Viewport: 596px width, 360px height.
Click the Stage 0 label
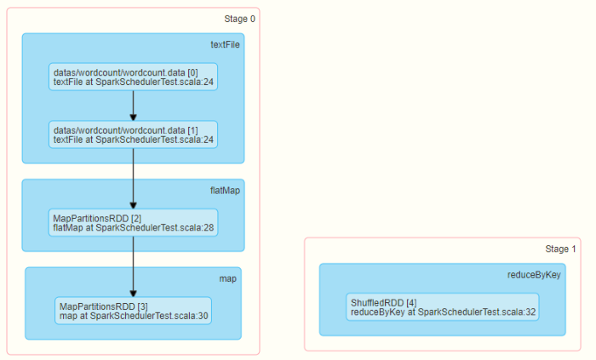tap(239, 19)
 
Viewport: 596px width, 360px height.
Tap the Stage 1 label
tap(560, 249)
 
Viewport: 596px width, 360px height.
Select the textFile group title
tap(225, 45)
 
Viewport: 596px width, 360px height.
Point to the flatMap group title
tap(225, 191)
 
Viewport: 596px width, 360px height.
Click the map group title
tap(227, 279)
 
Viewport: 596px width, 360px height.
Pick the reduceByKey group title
tap(534, 275)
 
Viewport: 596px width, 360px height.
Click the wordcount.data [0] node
tap(133, 77)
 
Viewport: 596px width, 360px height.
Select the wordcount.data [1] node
tap(133, 134)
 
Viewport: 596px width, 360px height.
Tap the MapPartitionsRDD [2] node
tap(133, 222)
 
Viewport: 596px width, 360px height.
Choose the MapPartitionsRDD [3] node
tap(133, 311)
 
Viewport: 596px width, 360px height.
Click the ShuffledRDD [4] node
tap(443, 307)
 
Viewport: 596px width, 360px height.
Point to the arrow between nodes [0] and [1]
tap(133, 106)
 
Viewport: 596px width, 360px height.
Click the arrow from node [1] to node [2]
tap(133, 179)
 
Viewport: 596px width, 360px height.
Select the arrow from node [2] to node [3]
tap(133, 266)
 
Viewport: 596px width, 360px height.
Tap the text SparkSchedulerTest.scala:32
tap(477, 312)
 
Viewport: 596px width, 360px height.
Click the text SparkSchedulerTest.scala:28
tap(154, 228)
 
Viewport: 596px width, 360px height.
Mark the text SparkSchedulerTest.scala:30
tap(149, 316)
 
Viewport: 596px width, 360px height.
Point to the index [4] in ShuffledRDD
tap(411, 303)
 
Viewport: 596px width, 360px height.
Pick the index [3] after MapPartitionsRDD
tap(142, 306)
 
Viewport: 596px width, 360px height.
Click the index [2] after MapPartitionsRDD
tap(136, 219)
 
